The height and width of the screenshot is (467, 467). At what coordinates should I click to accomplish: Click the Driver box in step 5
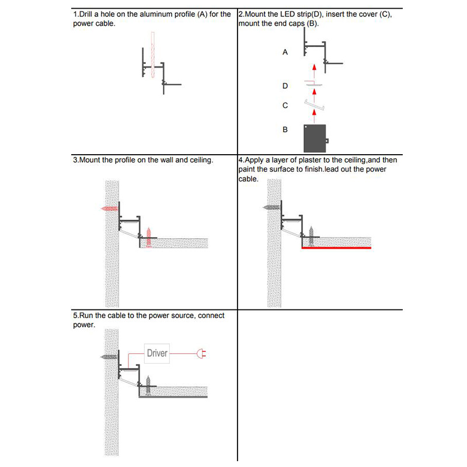[x=157, y=353]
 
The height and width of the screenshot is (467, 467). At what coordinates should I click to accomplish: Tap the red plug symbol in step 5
[x=202, y=353]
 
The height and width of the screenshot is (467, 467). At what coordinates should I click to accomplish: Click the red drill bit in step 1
[x=152, y=55]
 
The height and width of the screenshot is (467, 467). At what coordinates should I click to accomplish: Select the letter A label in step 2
[x=285, y=53]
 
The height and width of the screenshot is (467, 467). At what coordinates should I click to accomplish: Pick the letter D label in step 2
[x=285, y=86]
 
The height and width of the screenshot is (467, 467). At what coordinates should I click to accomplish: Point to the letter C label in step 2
[x=285, y=106]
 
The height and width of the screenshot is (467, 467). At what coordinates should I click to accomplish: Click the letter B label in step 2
[x=285, y=129]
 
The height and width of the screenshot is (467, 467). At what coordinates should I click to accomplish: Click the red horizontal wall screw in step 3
[x=110, y=208]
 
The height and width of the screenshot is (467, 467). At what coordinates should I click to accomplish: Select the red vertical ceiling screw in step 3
[x=149, y=236]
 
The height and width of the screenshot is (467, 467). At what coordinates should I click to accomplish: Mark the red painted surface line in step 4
[x=336, y=248]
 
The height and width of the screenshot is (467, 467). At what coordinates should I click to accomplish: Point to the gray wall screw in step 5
[x=109, y=356]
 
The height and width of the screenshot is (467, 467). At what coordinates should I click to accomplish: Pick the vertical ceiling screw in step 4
[x=312, y=235]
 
